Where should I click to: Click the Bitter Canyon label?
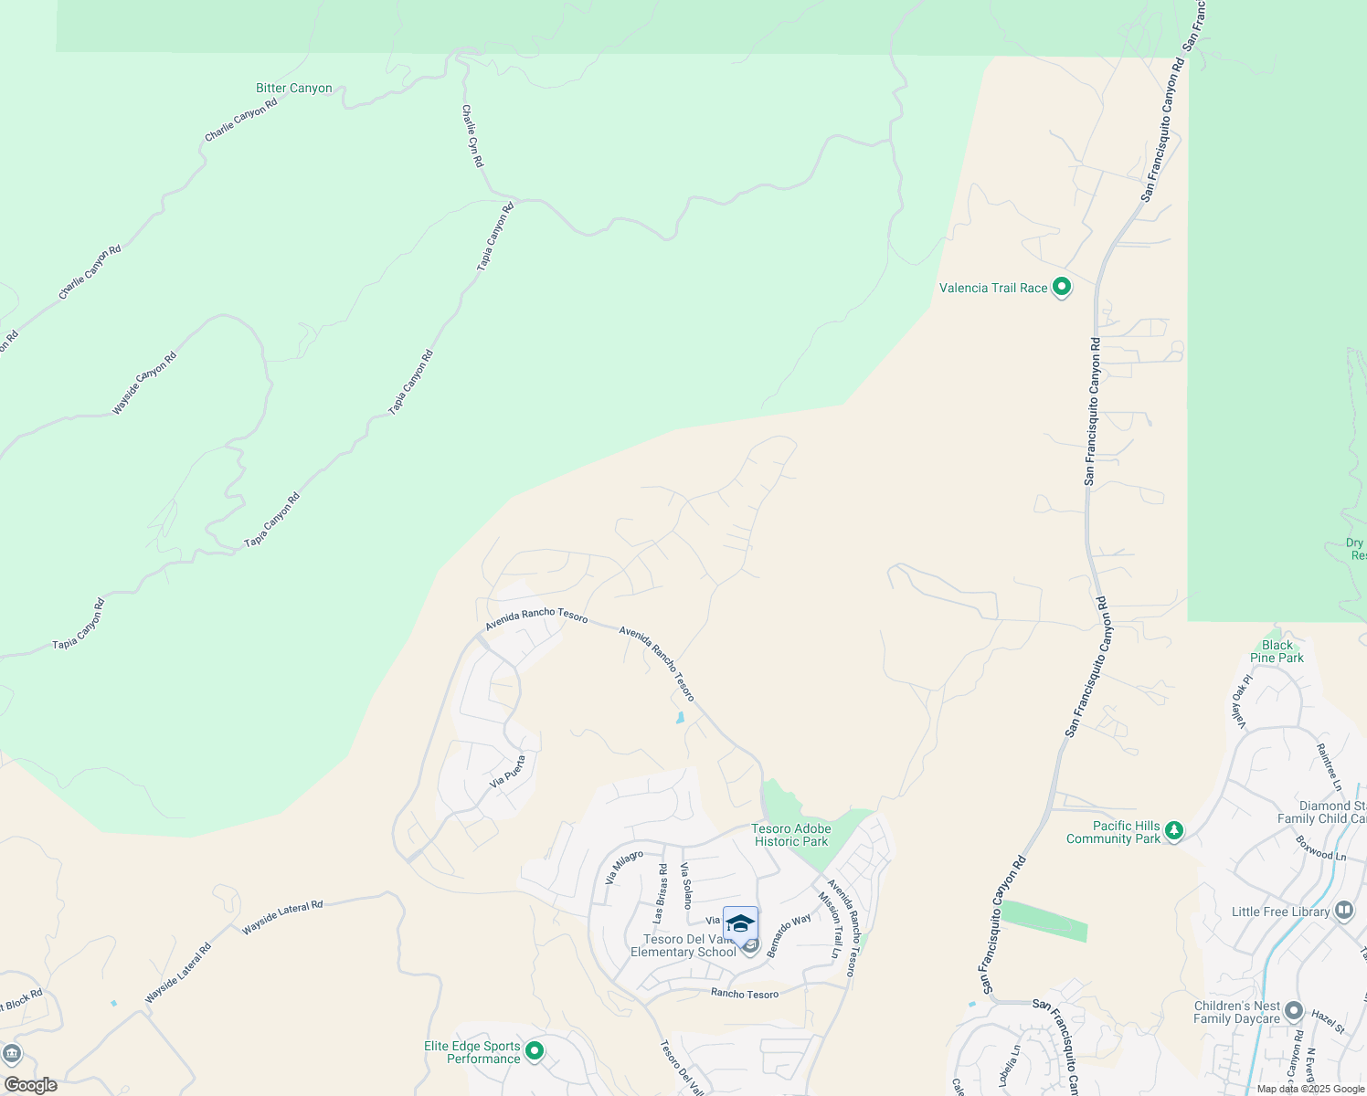point(293,89)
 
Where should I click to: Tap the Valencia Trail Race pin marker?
point(1061,287)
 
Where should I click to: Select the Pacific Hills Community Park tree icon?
point(1173,831)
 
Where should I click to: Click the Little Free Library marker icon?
point(1343,911)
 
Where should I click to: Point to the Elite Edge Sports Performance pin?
point(535,1051)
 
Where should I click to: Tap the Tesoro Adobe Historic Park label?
point(790,835)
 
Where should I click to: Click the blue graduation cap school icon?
point(740,923)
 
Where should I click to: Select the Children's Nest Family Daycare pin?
point(1293,1011)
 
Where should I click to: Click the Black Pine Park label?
point(1277,651)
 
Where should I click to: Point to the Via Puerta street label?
point(508,771)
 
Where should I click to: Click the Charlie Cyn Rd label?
point(472,135)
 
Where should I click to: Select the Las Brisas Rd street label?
point(660,892)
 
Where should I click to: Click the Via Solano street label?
point(686,884)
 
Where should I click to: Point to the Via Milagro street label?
point(625,867)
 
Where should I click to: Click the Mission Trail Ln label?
point(830,925)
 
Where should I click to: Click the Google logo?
point(30,1085)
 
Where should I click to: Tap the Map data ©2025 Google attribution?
point(1309,1089)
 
